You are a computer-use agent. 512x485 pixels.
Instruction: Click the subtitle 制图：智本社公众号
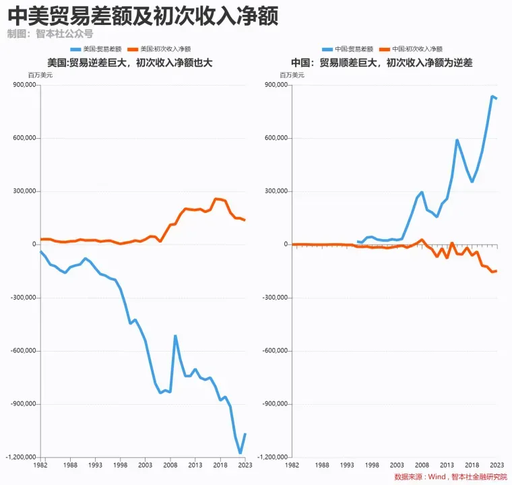(50, 33)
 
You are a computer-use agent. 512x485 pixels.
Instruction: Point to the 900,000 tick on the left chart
(23, 86)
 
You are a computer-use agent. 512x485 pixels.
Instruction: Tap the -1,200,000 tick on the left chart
(20, 457)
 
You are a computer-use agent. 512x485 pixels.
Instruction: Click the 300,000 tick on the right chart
(276, 191)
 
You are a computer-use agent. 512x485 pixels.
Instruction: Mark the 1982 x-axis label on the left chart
(41, 465)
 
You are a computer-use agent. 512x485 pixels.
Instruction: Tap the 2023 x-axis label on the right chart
(496, 465)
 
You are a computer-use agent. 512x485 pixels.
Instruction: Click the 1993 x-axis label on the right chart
(347, 465)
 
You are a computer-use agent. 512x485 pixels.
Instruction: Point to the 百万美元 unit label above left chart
(40, 75)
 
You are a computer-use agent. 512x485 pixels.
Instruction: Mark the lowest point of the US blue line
(240, 453)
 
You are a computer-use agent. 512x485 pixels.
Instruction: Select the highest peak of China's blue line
(492, 96)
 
